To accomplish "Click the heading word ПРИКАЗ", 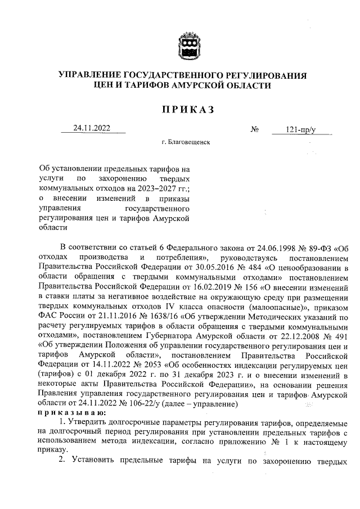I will [180, 110].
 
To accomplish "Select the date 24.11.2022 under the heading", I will [92, 128].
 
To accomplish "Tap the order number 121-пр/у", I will [301, 130].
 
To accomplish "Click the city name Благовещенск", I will [186, 143].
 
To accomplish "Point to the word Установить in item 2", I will [93, 460].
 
